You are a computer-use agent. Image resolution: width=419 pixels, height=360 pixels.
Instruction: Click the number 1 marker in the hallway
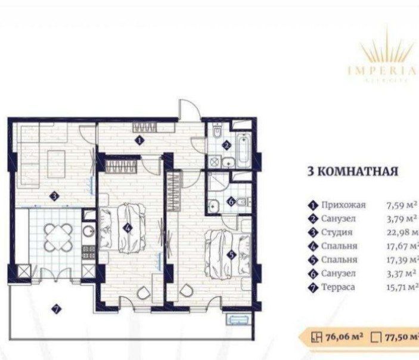(138, 141)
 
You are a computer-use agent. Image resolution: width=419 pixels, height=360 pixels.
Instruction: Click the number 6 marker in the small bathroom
(230, 201)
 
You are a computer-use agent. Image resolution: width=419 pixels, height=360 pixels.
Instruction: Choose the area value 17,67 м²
(403, 246)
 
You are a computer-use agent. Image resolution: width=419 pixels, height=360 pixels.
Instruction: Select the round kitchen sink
(88, 231)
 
